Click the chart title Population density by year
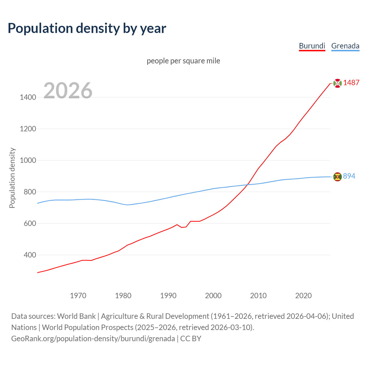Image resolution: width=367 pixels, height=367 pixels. point(87,28)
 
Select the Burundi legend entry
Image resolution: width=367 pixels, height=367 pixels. point(312,46)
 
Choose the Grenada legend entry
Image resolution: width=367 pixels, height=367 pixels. point(345,46)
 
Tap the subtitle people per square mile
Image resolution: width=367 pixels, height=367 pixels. point(183,61)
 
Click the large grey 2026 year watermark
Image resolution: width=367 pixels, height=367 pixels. point(68,91)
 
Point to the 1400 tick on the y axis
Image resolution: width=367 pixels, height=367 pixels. point(28,97)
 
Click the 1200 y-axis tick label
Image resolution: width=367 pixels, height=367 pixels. point(28,129)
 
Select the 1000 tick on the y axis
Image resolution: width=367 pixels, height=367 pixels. point(28,161)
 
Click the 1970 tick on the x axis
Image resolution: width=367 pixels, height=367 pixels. point(78,296)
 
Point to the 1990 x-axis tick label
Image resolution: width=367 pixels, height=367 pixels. point(168,296)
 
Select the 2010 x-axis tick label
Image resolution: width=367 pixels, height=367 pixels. point(258,296)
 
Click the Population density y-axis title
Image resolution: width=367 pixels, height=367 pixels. point(12,178)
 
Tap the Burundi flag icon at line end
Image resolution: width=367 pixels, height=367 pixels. point(337,83)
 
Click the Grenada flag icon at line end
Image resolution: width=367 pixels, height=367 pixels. point(337,177)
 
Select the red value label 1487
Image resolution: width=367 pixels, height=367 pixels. point(351,83)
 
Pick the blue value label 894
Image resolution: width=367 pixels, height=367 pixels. point(349,176)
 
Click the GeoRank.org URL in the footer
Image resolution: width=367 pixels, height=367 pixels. point(93,339)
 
